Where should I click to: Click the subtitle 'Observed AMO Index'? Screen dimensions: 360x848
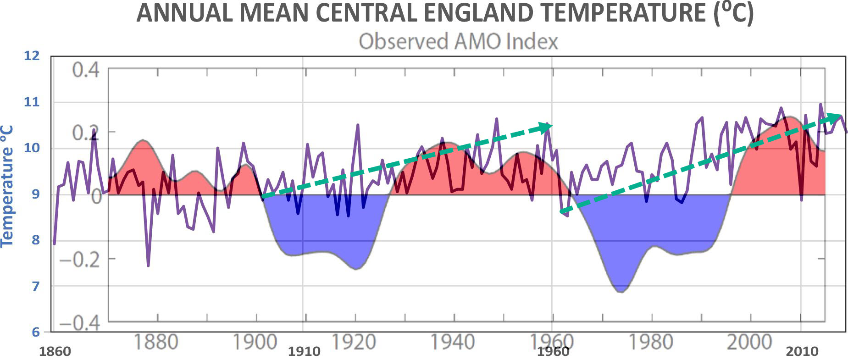[458, 41]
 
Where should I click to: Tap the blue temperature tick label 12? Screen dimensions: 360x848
[32, 56]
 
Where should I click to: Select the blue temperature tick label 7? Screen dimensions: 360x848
[35, 286]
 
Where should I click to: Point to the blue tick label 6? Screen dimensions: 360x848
[35, 332]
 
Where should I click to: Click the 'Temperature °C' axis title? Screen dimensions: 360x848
[7, 186]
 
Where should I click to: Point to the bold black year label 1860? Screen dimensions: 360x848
[55, 352]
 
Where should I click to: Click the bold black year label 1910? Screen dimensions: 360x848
[304, 352]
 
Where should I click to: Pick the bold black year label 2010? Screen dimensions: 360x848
[802, 352]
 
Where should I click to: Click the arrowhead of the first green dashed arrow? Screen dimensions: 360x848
[546, 127]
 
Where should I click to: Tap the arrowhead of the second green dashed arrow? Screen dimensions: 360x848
[836, 117]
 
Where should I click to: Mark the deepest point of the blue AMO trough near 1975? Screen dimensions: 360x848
[621, 292]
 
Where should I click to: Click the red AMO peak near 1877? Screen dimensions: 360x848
[143, 140]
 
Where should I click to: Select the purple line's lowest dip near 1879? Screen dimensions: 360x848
[148, 266]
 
